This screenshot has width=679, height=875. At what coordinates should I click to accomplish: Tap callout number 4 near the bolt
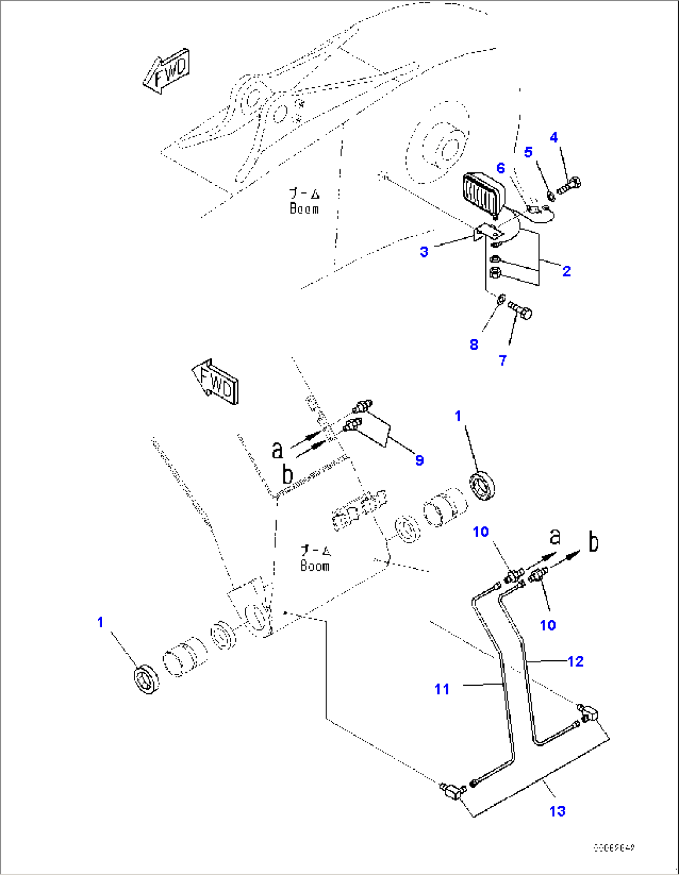click(x=554, y=138)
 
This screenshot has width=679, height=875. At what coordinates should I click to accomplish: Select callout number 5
click(x=528, y=152)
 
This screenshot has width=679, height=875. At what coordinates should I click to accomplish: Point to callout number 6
click(x=500, y=168)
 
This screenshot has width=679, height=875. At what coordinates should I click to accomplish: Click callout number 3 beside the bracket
click(x=424, y=252)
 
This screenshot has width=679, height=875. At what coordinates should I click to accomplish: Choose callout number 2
click(x=566, y=271)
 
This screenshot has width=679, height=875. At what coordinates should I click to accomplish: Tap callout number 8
click(x=474, y=345)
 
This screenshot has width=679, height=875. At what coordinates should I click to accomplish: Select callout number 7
click(x=503, y=360)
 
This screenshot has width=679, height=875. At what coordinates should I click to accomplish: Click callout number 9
click(x=419, y=460)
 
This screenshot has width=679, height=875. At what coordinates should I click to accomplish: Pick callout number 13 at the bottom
click(x=557, y=811)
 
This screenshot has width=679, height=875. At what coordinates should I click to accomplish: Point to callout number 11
click(x=442, y=689)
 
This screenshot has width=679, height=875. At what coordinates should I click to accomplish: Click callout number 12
click(x=576, y=662)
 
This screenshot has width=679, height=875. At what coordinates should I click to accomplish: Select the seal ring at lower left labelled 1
click(x=147, y=679)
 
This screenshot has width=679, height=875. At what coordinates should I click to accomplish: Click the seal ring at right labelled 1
click(x=483, y=485)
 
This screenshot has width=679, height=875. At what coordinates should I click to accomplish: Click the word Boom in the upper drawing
click(x=304, y=209)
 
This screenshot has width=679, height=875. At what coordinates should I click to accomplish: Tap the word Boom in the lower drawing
click(x=315, y=566)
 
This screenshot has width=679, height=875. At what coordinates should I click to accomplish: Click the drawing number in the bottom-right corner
click(x=614, y=848)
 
